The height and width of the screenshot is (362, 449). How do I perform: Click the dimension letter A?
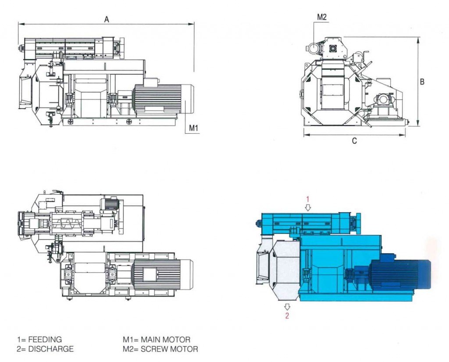[x=106, y=19]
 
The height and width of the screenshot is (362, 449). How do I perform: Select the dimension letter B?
[x=422, y=82]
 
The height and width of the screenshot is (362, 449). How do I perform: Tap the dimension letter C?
[x=354, y=141]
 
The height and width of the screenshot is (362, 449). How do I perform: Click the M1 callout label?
[x=194, y=128]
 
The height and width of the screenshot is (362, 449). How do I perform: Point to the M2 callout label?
[x=322, y=17]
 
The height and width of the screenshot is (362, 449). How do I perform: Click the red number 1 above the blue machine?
[x=307, y=199]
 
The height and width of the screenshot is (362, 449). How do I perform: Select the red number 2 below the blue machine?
[x=287, y=315]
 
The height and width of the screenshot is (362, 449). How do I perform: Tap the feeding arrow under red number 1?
[x=307, y=207]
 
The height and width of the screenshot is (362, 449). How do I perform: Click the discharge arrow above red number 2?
[x=287, y=307]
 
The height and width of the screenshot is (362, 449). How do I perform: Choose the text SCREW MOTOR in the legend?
[x=170, y=349]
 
